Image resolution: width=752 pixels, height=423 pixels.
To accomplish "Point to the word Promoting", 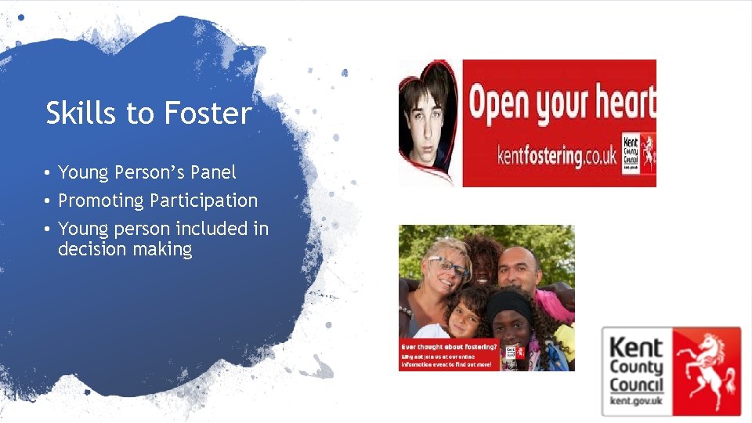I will (101, 201).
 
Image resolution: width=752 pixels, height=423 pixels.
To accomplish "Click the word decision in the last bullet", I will (92, 250).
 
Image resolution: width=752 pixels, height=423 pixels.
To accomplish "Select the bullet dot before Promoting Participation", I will (48, 201).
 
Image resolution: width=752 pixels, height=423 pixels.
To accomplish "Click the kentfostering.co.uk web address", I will (557, 156).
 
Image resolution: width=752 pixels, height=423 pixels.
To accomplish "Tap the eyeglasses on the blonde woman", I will (449, 267).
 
